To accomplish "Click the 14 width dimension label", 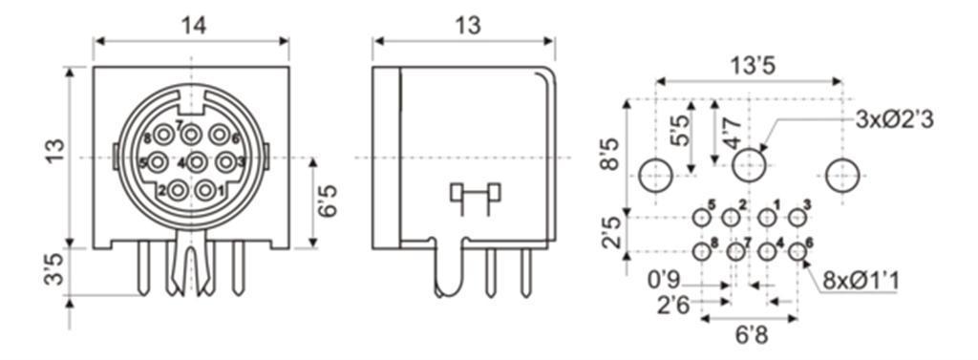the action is tap(193, 26).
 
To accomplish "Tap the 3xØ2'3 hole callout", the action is tap(894, 118).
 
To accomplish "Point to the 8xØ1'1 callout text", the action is tap(861, 281).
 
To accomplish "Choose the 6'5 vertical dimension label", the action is tap(328, 201).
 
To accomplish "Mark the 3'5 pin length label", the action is tap(55, 270).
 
